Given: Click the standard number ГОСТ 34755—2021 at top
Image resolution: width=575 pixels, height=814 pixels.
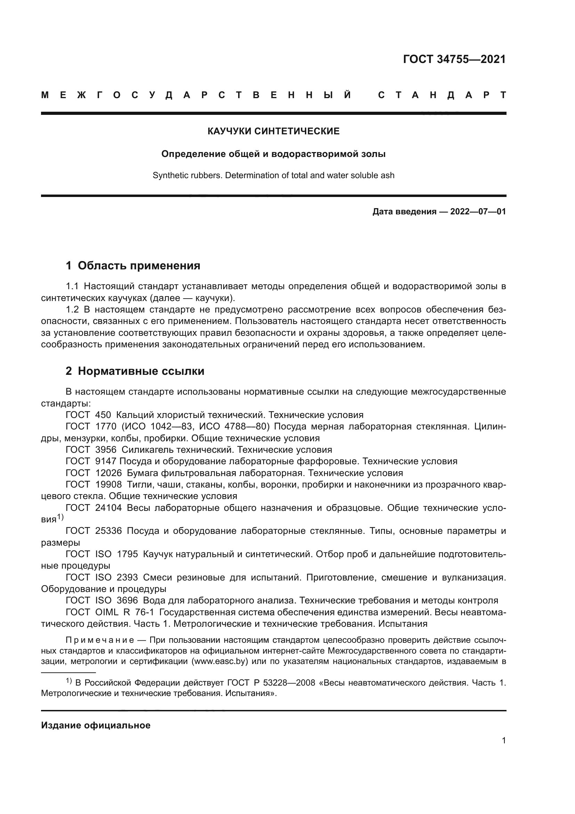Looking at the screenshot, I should coord(454,59).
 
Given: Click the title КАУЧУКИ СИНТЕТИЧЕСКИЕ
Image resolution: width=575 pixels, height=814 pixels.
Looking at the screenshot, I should coord(273,132).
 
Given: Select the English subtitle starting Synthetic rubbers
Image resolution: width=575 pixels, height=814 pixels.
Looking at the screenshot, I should coord(273,175).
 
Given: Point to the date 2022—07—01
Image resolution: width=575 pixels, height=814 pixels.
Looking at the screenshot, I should coord(478,212).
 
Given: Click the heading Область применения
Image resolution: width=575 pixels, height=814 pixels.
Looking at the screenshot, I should coord(139,266).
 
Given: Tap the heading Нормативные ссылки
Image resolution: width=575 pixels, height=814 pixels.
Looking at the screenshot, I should coord(141,371).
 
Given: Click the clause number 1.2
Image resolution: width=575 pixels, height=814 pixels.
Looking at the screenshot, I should coord(72,310).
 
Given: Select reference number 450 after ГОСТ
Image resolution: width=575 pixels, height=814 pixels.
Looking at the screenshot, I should coord(103,415).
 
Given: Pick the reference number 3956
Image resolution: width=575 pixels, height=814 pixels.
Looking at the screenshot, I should coord(106,450).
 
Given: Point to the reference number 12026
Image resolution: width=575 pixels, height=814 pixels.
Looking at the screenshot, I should coord(108,473).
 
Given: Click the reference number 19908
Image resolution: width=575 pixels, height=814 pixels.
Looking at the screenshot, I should coord(108,485).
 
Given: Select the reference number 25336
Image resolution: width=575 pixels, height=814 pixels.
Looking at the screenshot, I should coord(108,531).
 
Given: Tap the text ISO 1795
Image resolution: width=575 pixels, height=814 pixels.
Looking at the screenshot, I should coord(116,554).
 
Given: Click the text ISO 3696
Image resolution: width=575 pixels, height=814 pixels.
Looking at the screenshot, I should coord(116,601).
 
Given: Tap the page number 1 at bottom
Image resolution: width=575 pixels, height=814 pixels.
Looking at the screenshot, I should coord(504,741).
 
